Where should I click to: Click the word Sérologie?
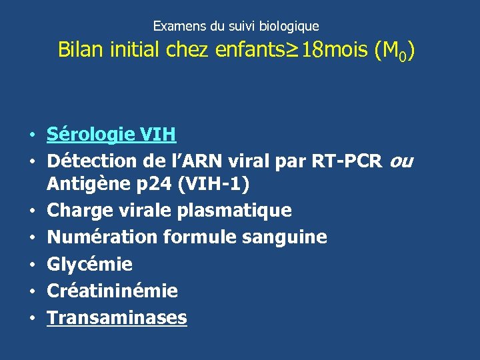[x=91, y=135]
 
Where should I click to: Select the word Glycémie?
[x=89, y=265]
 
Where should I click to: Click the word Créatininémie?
[x=112, y=291]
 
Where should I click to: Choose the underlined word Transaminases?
[x=117, y=318]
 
